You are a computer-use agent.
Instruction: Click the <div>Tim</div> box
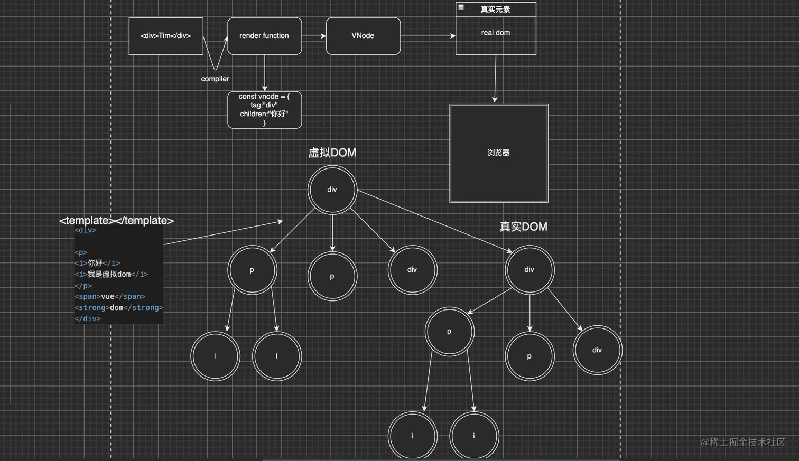pos(165,36)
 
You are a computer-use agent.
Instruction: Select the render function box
pos(264,36)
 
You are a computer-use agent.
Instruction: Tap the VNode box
pos(363,36)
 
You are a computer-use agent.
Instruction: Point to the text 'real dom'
pos(496,33)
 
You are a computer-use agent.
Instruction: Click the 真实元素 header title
pos(495,10)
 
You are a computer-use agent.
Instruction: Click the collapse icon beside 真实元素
pos(461,7)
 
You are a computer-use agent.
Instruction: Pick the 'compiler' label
pos(215,79)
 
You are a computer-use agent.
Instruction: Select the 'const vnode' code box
pos(264,110)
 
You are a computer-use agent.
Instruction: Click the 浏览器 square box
pos(498,153)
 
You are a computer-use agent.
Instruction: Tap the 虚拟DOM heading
pos(332,153)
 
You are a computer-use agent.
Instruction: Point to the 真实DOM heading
pos(523,227)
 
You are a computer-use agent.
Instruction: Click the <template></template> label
pos(116,220)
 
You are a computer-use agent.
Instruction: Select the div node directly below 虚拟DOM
pos(332,190)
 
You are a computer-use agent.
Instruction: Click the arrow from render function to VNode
pos(314,36)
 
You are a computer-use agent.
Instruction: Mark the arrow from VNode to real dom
pos(428,36)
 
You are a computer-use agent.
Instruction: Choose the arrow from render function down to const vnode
pos(264,73)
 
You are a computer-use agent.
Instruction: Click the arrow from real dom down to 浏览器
pos(495,79)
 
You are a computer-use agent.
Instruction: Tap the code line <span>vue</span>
pos(110,296)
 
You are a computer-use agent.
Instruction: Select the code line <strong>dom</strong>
pos(119,307)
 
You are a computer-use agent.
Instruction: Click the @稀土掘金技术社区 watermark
pos(742,442)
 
